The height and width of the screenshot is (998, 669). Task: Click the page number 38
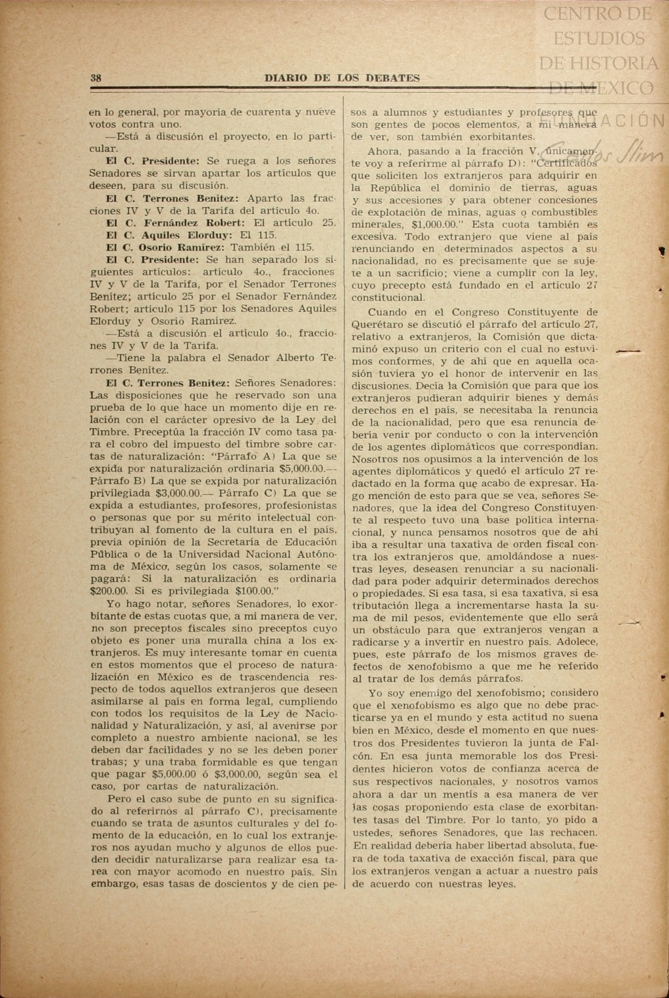(x=96, y=78)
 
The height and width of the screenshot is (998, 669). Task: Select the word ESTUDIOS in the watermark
(x=599, y=39)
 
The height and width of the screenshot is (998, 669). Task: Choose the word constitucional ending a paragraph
(x=388, y=297)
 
